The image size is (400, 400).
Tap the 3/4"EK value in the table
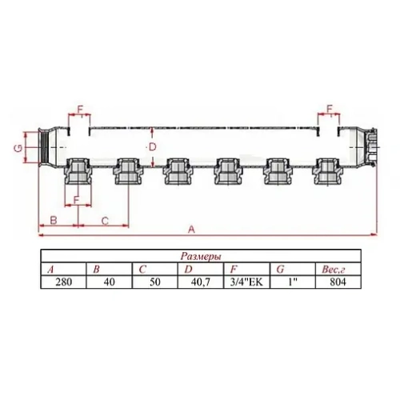[242, 282]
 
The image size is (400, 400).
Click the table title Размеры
[196, 258]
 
